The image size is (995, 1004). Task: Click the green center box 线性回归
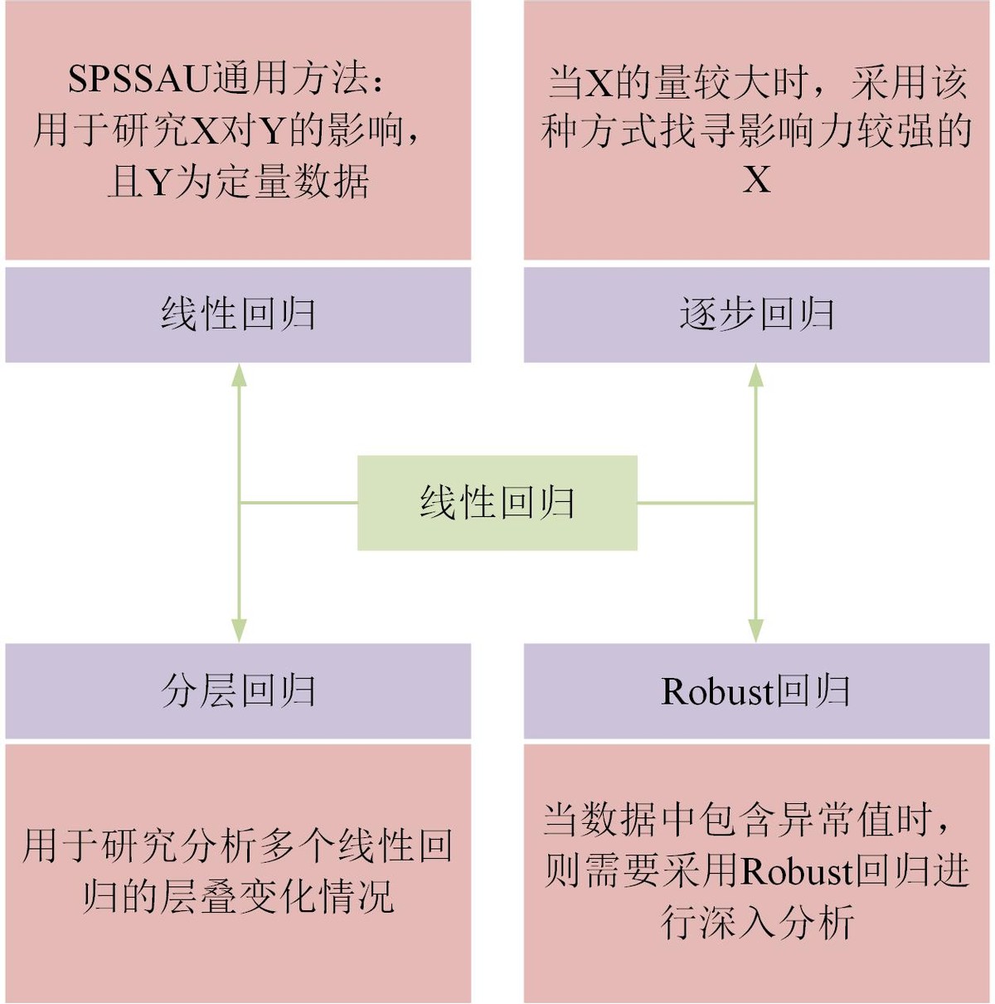pos(498,503)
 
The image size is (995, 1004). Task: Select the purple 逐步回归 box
pos(756,314)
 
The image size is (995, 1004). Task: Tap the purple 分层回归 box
pos(238,691)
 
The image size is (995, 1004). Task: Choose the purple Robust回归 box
pos(756,691)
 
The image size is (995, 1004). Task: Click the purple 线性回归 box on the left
pos(238,314)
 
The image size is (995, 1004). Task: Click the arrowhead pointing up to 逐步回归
pos(755,374)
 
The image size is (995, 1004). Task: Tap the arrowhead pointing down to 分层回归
pos(239,631)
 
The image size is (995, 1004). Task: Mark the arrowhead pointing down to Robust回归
pos(755,631)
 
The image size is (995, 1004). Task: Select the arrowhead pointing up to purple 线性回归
pos(239,374)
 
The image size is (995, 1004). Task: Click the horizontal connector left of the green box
pos(298,503)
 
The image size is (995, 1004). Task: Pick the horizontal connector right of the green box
pos(696,503)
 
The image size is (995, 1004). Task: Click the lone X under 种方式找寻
pos(756,180)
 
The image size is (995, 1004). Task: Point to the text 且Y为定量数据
pos(238,181)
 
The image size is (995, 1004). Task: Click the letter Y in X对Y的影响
pos(272,131)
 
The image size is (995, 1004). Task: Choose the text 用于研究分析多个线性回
pos(238,845)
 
